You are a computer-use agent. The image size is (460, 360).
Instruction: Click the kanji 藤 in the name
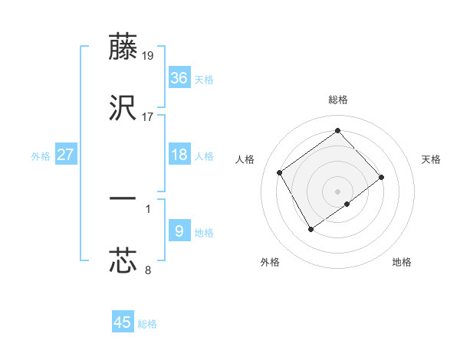(123, 47)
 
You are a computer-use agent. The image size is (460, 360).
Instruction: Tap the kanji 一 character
(123, 198)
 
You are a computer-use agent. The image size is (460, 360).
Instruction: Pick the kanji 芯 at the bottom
(123, 260)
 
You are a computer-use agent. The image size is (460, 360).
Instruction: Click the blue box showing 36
(179, 78)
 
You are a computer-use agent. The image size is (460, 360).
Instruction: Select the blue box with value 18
(179, 155)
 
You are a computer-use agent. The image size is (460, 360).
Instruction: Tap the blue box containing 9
(179, 231)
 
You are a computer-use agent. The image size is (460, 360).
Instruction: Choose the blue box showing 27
(66, 155)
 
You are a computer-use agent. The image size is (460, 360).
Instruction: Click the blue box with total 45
(123, 322)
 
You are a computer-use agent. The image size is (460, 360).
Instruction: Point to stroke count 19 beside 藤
(148, 56)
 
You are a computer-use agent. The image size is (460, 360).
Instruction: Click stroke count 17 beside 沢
(148, 117)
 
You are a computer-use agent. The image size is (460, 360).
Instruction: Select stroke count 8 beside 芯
(148, 270)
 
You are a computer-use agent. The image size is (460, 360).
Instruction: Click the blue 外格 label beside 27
(41, 156)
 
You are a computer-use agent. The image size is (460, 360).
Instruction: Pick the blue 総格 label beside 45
(147, 324)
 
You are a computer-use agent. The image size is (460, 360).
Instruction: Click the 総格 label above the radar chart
(337, 100)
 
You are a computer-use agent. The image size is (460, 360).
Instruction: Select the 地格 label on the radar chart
(402, 262)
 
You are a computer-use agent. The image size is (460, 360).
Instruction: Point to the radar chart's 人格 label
(245, 159)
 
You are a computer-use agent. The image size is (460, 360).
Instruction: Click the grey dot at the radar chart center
(337, 191)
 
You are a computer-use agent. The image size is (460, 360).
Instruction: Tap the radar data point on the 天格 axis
(381, 177)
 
